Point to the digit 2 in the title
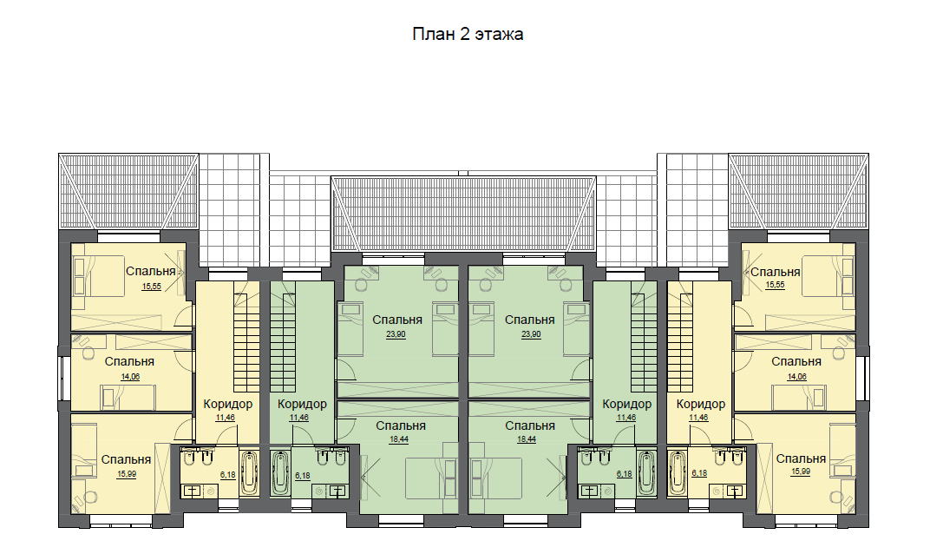tap(464, 35)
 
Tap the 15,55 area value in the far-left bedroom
tap(152, 287)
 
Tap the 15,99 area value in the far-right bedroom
tap(801, 472)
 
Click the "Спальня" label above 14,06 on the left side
tap(129, 361)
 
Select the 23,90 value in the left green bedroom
tap(396, 334)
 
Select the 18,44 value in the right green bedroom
tap(527, 439)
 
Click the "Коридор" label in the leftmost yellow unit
tap(228, 404)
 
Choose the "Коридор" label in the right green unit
tap(626, 404)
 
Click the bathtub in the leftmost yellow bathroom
tap(249, 472)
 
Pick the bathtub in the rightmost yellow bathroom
tap(678, 473)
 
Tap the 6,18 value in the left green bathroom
tap(303, 476)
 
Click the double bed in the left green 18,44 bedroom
tap(429, 478)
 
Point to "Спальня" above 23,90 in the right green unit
tap(529, 320)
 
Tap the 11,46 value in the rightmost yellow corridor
tap(698, 418)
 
